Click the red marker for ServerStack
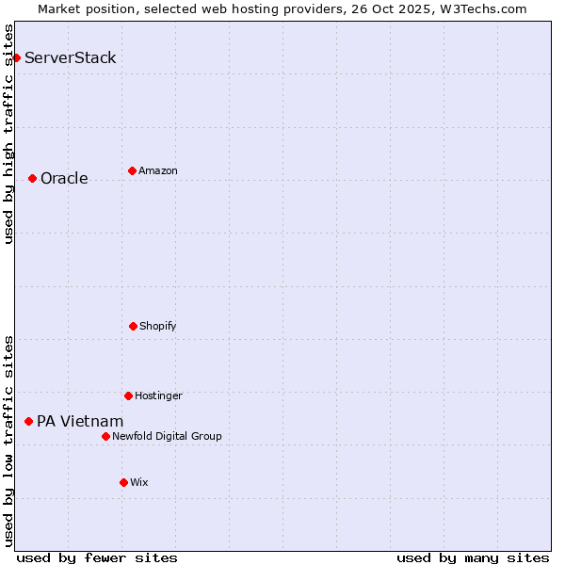[16, 57]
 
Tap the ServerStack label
[71, 57]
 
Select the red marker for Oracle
[32, 178]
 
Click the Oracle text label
[64, 179]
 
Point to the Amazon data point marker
[132, 170]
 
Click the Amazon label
[158, 170]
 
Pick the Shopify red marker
[133, 326]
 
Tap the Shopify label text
[158, 327]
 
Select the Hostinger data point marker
[128, 395]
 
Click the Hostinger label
[158, 395]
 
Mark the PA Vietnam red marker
[28, 421]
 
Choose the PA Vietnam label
[80, 422]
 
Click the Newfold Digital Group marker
[105, 436]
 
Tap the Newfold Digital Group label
[167, 436]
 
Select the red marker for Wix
[123, 482]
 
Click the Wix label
[139, 482]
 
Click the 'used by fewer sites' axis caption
[97, 558]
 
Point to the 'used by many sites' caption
[473, 558]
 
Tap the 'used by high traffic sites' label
[9, 134]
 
